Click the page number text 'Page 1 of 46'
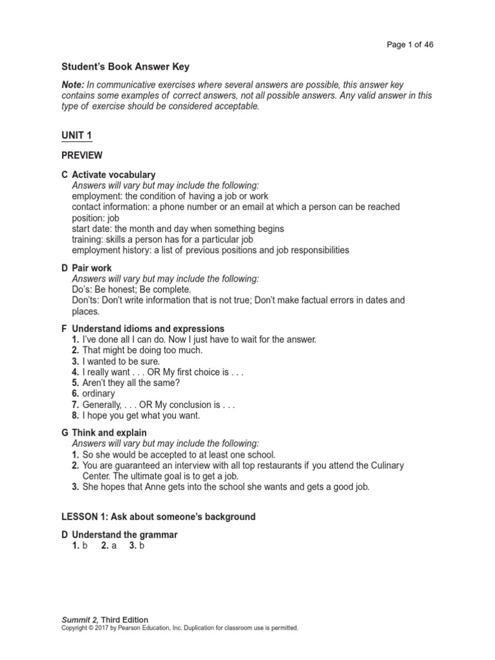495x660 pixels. click(414, 44)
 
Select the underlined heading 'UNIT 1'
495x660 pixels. click(77, 134)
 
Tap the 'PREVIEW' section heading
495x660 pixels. click(82, 155)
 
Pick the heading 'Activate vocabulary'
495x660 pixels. click(113, 175)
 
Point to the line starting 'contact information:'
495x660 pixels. click(236, 207)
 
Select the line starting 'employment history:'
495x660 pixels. click(210, 250)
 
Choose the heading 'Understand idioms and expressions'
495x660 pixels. click(148, 329)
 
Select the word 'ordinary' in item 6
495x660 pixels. click(99, 394)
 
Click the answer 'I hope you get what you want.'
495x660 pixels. click(141, 416)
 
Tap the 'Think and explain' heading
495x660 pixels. click(109, 432)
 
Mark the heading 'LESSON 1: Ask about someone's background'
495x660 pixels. click(159, 517)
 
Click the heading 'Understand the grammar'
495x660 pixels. click(124, 535)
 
